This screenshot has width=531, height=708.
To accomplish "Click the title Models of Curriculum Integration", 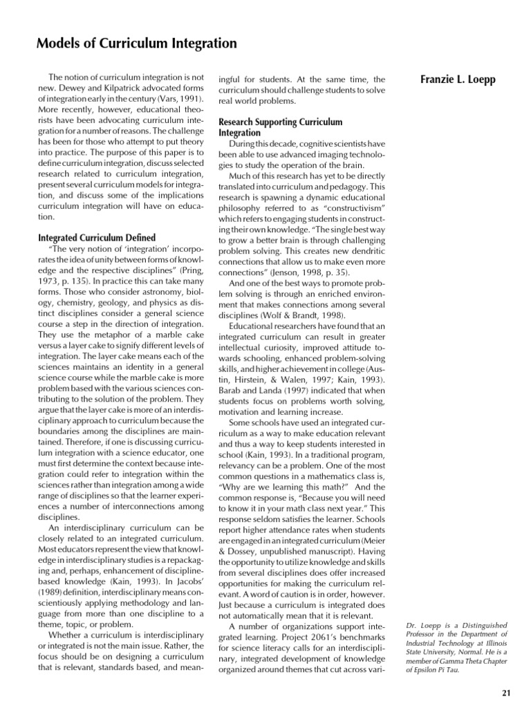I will pos(136,44).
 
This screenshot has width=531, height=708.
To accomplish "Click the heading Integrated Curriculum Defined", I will pos(96,237).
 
